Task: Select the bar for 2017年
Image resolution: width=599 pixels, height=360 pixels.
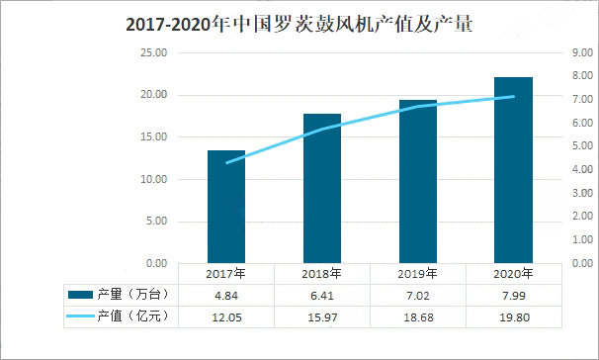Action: [225, 207]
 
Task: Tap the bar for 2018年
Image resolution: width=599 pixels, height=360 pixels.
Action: [321, 189]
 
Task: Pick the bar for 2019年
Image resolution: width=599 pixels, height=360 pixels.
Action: [417, 182]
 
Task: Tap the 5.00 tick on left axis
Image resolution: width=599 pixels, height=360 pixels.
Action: [154, 222]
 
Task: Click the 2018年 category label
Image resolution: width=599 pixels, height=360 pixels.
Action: [321, 274]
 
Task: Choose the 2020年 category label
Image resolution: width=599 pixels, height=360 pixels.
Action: [513, 274]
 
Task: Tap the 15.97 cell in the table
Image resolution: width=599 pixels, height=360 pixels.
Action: [321, 315]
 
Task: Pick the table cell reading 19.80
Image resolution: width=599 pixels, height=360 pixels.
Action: [513, 315]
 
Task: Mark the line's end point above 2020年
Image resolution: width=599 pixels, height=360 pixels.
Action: [513, 97]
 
